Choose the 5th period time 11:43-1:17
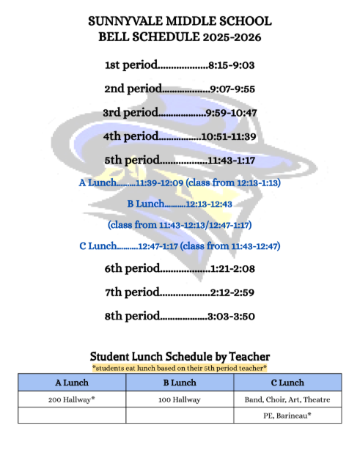[x=232, y=160]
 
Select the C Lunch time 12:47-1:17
[x=153, y=246]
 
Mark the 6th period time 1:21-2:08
[x=232, y=269]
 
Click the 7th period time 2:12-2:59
[x=232, y=292]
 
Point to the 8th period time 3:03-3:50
[x=232, y=317]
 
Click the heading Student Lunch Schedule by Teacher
[x=180, y=356]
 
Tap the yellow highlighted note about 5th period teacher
[x=180, y=367]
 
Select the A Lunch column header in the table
[x=72, y=383]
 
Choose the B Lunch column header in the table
[x=179, y=383]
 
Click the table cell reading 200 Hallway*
[x=72, y=399]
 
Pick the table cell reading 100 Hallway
[x=179, y=399]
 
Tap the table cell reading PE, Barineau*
[x=287, y=416]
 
